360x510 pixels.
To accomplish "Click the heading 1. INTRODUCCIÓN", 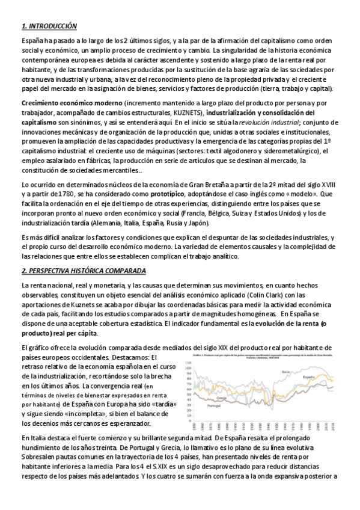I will pyautogui.click(x=49, y=26).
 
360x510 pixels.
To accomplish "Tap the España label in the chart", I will pyautogui.click(x=309, y=376).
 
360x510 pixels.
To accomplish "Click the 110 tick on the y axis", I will pyautogui.click(x=192, y=364).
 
